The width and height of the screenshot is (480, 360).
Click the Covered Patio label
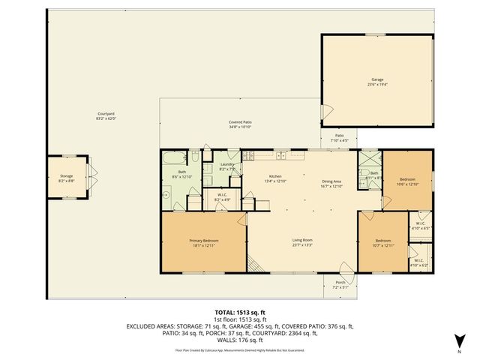[x=240, y=124]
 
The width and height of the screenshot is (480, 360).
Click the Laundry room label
[x=227, y=166]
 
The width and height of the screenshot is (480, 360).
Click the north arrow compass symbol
[x=458, y=344]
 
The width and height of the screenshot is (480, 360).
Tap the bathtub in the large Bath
[x=173, y=158]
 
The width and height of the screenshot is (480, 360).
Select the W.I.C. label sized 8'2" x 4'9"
[x=222, y=197]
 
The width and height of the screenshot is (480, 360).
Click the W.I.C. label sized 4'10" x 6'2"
[x=418, y=263]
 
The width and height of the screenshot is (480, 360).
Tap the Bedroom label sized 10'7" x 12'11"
[x=383, y=243]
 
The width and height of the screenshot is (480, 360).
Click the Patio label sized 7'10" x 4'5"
[x=339, y=138]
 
